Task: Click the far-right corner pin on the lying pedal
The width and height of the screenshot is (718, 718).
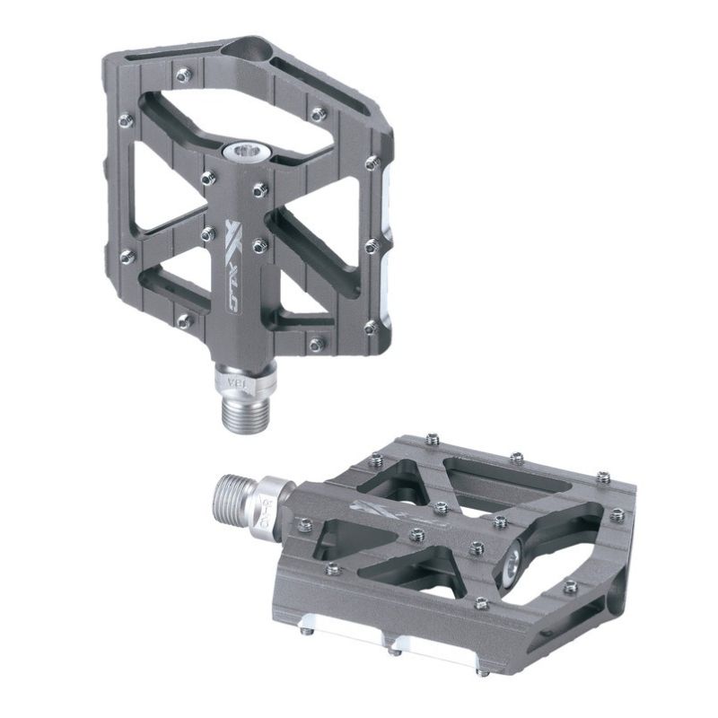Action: point(617,514)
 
